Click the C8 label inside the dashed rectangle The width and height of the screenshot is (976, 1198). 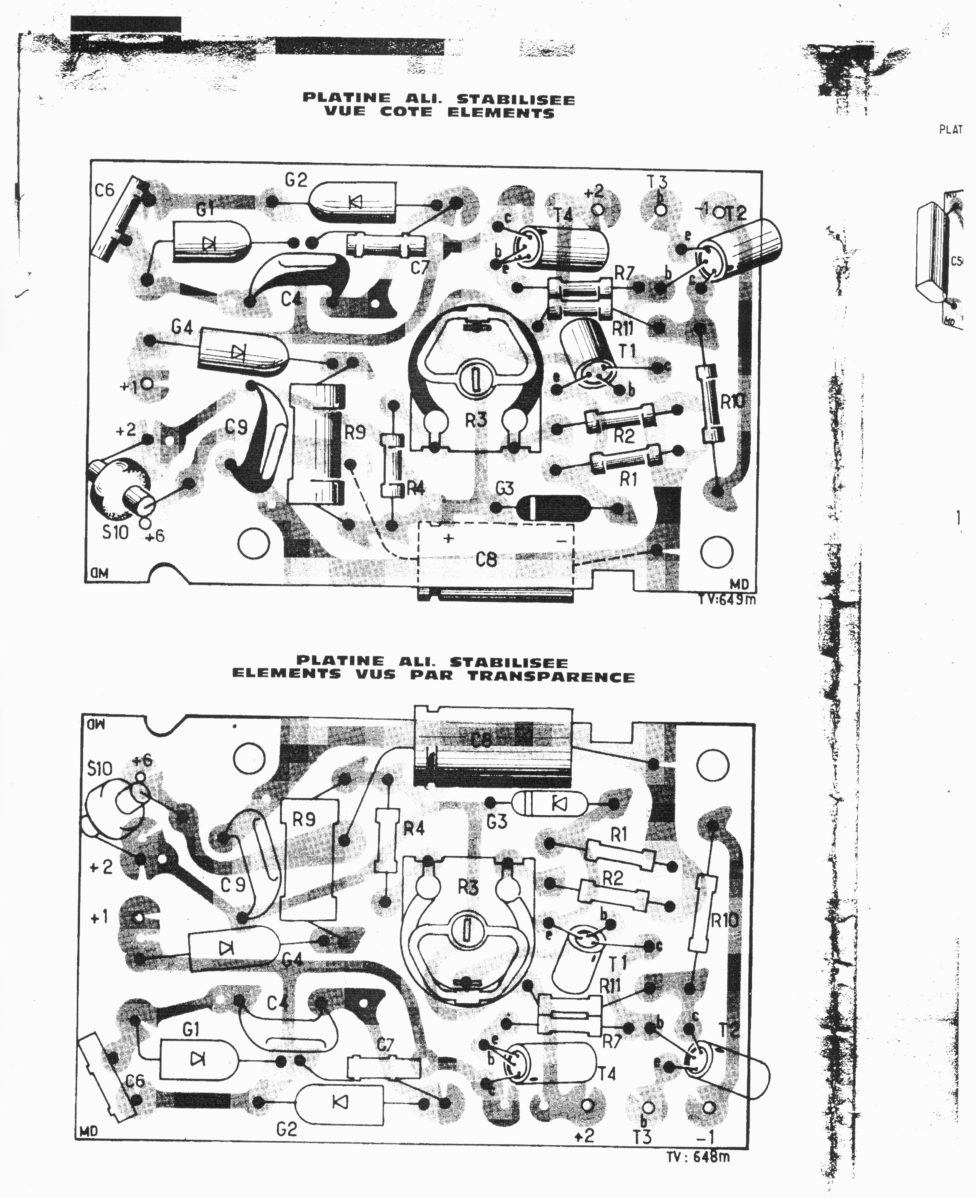point(486,559)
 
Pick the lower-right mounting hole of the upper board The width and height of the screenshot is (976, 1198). point(716,552)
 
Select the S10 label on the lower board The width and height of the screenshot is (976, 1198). point(100,768)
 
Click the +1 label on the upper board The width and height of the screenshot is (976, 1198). point(128,387)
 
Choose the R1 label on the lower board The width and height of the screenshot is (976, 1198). point(618,835)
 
